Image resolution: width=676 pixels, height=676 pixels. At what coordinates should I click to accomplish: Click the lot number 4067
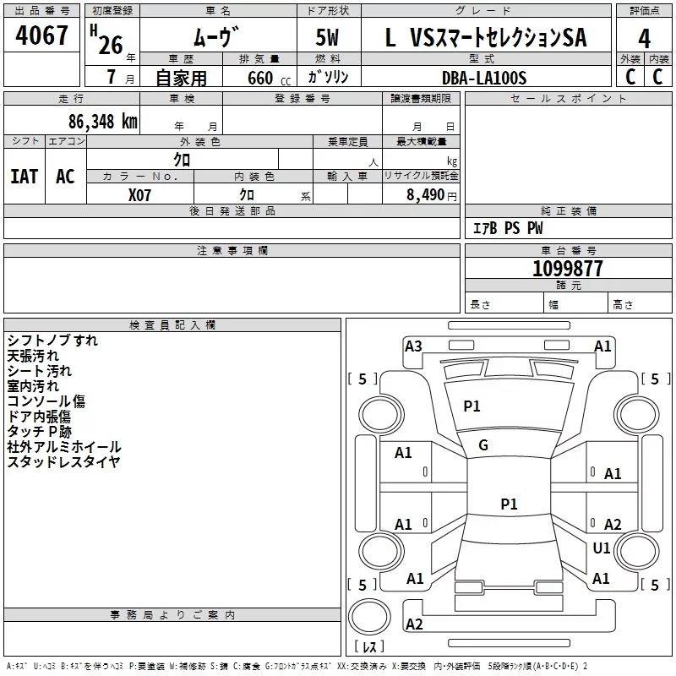coord(41,35)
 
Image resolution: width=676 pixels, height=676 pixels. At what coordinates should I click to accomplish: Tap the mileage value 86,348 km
coord(102,122)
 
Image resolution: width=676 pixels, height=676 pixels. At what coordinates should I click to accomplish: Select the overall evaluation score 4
coord(644,39)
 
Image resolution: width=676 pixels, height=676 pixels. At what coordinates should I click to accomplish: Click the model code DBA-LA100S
coord(484,78)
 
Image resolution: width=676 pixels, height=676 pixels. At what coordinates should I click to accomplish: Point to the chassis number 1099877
coord(567,269)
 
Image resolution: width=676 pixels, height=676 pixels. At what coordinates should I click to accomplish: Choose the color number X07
coord(139,195)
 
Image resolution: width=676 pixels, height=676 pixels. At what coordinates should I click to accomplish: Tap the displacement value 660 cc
coord(269,79)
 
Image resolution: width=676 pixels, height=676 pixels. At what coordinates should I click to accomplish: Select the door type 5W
coord(327,37)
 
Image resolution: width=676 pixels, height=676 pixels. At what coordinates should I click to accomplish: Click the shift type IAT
coord(25,177)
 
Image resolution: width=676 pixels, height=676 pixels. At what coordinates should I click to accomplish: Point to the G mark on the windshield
coord(483,445)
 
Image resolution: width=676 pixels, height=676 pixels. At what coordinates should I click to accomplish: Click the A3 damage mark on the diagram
coord(413,346)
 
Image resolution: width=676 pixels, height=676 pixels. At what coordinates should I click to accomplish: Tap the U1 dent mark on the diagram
coord(602,548)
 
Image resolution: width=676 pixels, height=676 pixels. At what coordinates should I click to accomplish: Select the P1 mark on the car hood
coord(472,406)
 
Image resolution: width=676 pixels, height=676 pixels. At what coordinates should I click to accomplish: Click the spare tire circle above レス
coord(369,616)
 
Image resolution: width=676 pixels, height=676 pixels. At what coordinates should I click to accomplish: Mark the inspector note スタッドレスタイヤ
coord(63,461)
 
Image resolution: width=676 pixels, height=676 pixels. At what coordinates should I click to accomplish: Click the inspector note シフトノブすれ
coord(52,341)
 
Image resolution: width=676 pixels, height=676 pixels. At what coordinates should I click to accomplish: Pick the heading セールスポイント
coord(568,99)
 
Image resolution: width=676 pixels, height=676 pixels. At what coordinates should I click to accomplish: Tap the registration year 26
coord(111,45)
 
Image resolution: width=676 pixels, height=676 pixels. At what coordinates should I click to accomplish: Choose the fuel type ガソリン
coord(328,77)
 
